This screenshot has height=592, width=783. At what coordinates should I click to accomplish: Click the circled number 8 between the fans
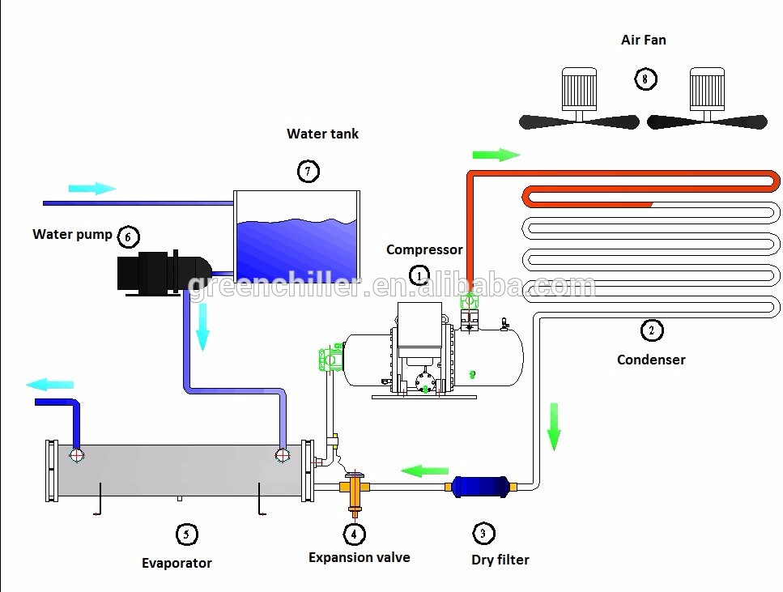pyautogui.click(x=645, y=79)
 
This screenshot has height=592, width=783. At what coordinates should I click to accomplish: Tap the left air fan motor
pyautogui.click(x=579, y=88)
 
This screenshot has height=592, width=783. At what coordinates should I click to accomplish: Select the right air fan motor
pyautogui.click(x=707, y=88)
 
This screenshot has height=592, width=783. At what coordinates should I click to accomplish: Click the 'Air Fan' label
pyautogui.click(x=644, y=40)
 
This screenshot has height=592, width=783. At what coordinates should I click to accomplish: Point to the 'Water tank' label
pyautogui.click(x=322, y=134)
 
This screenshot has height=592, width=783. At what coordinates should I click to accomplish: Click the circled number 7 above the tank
pyautogui.click(x=308, y=171)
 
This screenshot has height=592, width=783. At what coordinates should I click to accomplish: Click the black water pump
pyautogui.click(x=162, y=270)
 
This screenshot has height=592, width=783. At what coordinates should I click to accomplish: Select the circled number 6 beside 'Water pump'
pyautogui.click(x=128, y=236)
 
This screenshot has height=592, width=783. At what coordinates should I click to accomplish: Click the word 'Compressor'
pyautogui.click(x=424, y=249)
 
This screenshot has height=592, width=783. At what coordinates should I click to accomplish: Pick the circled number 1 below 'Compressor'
pyautogui.click(x=419, y=275)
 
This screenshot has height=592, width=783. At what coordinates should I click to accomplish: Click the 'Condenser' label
pyautogui.click(x=651, y=360)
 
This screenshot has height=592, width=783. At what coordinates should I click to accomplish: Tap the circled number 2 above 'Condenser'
pyautogui.click(x=651, y=330)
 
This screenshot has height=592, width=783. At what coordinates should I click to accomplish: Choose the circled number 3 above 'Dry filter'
pyautogui.click(x=483, y=533)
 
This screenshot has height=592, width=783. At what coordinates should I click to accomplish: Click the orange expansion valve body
pyautogui.click(x=354, y=491)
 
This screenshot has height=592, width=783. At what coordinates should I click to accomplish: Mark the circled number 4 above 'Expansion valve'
pyautogui.click(x=354, y=534)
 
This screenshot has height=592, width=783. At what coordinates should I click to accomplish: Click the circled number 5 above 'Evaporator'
pyautogui.click(x=186, y=534)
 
